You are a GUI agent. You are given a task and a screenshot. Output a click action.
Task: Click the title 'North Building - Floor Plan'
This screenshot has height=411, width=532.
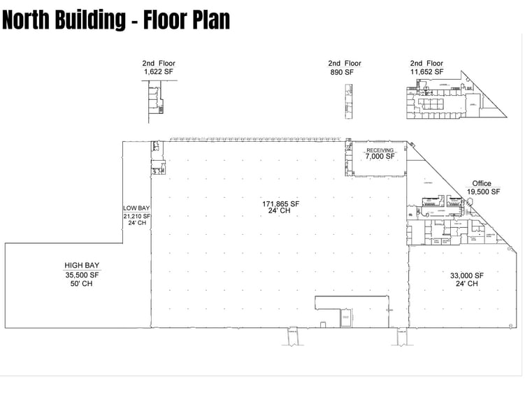point(116,20)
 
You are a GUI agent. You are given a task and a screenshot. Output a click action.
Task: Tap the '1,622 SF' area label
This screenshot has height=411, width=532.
point(158,72)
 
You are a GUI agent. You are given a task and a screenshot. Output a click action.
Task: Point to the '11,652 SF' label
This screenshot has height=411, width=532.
point(426,72)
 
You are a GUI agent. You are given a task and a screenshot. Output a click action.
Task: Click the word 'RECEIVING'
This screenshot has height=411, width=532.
point(380,150)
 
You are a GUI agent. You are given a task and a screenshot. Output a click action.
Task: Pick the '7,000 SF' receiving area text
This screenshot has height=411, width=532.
point(380,157)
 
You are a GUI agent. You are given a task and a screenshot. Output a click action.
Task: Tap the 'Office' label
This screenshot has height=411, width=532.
point(482,184)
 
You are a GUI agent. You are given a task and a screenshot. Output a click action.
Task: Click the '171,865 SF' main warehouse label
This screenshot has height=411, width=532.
point(280,204)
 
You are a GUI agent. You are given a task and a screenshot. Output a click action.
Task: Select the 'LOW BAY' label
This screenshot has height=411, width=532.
point(136,208)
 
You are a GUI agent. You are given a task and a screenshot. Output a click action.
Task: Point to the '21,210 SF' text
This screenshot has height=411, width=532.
point(136,216)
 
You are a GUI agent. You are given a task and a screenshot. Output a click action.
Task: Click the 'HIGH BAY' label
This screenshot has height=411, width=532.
point(82,266)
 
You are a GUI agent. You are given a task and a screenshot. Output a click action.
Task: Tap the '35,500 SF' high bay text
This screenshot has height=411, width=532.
point(82,275)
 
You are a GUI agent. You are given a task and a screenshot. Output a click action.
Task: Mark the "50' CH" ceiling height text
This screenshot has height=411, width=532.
point(82,284)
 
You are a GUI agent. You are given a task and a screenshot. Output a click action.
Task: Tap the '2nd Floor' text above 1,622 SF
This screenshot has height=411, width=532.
point(158,64)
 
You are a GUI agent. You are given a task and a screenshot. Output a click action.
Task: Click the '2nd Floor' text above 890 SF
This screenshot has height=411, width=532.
point(344,64)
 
